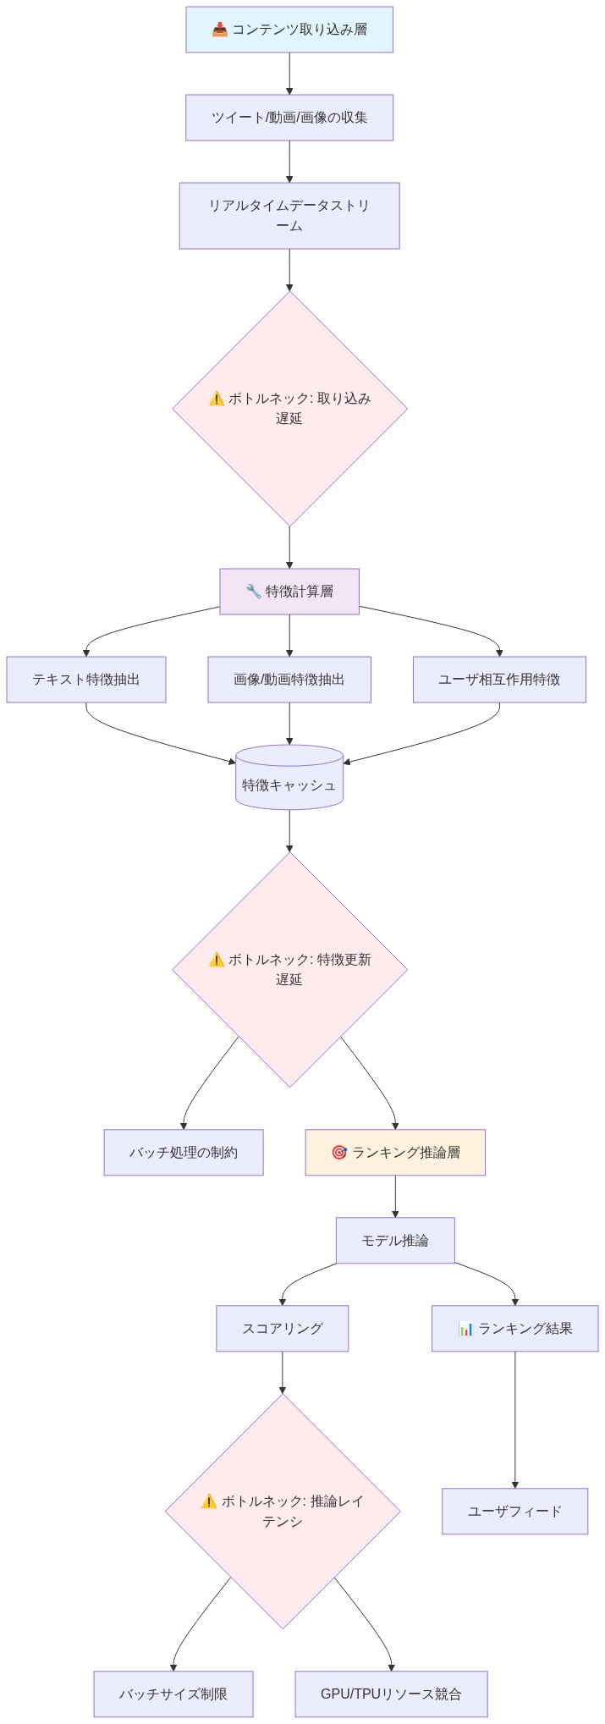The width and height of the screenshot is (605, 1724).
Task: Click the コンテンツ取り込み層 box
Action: click(x=289, y=30)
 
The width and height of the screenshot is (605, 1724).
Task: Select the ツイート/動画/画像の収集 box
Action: click(x=289, y=118)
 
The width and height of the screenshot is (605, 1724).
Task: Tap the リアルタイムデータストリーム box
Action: click(x=289, y=216)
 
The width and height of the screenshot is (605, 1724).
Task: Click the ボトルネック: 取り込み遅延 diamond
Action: click(x=289, y=408)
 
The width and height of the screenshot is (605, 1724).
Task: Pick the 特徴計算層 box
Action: click(x=289, y=591)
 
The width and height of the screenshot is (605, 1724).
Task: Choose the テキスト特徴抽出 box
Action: click(x=86, y=680)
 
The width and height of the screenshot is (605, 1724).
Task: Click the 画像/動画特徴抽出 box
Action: click(x=289, y=680)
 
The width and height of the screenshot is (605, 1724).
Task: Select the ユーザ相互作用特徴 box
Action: click(x=499, y=680)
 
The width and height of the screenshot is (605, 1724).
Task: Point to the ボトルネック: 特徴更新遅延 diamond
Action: click(x=289, y=969)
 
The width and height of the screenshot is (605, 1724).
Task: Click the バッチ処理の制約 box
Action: click(x=184, y=1152)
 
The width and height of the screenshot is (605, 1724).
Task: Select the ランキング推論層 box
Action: click(x=395, y=1152)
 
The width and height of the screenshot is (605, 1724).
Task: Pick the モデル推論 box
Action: click(x=395, y=1240)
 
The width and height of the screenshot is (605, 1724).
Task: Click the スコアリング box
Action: click(x=282, y=1328)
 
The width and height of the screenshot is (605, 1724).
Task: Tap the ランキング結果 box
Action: click(x=514, y=1328)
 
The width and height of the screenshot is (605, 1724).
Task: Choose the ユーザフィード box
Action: click(x=514, y=1511)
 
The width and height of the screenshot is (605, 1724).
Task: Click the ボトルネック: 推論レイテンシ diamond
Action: click(x=282, y=1511)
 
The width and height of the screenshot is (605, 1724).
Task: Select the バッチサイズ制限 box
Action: click(x=173, y=1694)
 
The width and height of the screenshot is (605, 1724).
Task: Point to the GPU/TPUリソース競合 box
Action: click(x=391, y=1694)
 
